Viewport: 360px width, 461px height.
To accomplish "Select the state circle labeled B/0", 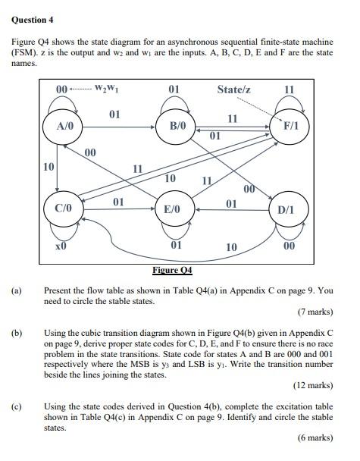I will (x=177, y=126).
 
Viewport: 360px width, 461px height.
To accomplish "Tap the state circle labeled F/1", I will (x=290, y=126).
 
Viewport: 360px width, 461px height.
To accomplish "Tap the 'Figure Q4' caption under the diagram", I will (x=173, y=270).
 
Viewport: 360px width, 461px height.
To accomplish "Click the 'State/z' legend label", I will (x=235, y=90).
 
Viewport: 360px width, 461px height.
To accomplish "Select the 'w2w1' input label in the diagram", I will (x=108, y=90).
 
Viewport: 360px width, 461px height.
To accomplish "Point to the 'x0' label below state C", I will (x=61, y=246).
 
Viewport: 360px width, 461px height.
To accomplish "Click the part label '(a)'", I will (x=16, y=290).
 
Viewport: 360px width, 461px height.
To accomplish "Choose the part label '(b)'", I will (x=16, y=332).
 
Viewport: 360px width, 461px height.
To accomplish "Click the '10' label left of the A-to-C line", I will (x=47, y=167).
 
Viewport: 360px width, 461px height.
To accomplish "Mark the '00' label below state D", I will (x=289, y=246).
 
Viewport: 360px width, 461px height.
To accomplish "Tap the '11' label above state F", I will (x=289, y=90).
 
